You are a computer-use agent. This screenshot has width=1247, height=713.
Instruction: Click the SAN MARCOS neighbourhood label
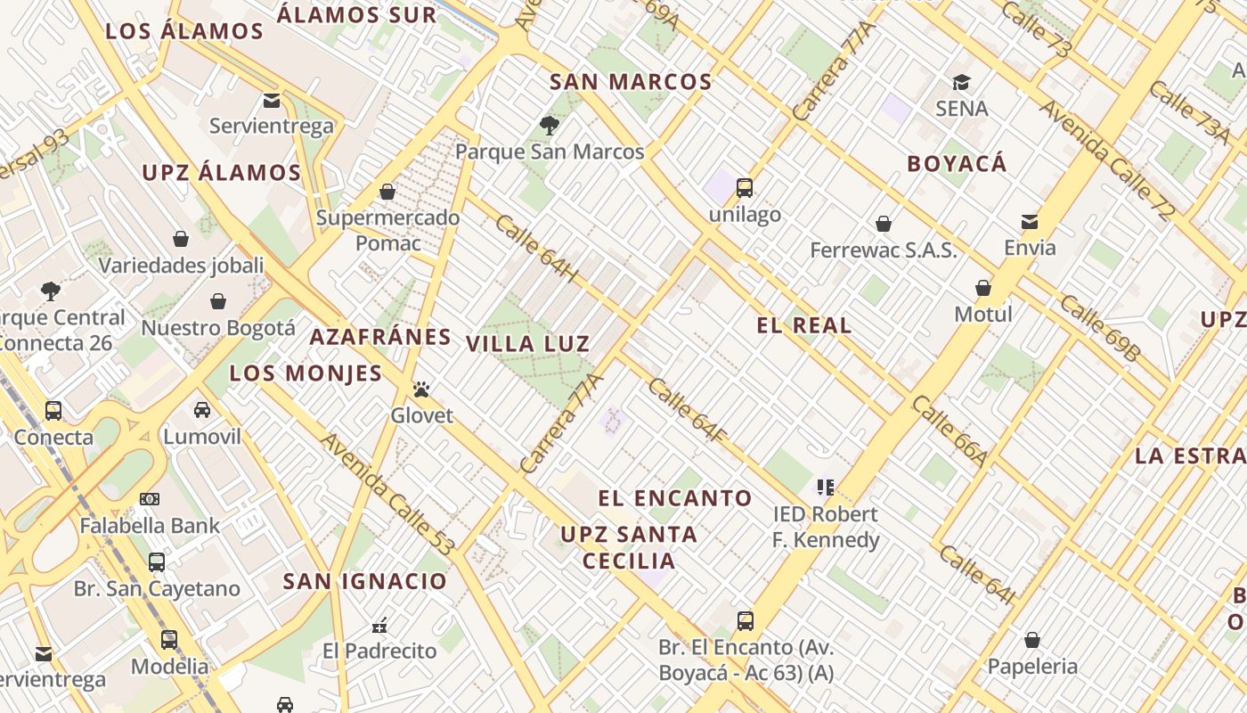click(631, 82)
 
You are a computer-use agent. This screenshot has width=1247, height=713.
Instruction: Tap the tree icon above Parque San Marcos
click(549, 125)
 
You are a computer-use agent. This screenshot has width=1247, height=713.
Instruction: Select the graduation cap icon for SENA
click(961, 83)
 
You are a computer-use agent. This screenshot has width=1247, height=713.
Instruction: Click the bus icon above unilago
click(745, 188)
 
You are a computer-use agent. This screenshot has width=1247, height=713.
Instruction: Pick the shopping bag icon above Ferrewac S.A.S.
click(884, 224)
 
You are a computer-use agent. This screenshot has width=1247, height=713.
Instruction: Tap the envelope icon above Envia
click(1030, 221)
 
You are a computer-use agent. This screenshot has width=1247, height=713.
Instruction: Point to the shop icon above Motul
click(983, 288)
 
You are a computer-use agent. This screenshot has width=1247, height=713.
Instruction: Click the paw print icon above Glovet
click(421, 389)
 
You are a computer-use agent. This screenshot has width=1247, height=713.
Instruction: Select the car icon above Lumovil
click(202, 410)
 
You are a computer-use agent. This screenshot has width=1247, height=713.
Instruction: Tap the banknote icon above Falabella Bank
click(150, 499)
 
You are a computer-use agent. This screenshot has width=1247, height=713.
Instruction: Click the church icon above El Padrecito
click(380, 624)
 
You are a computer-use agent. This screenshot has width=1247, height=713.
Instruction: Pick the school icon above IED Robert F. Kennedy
click(826, 488)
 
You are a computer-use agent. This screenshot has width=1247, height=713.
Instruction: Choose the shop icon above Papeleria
click(1031, 640)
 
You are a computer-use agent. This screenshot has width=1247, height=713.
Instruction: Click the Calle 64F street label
click(688, 411)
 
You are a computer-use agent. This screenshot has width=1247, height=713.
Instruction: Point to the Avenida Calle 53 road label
click(388, 494)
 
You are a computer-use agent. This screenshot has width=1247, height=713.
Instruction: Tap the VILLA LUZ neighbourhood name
click(527, 344)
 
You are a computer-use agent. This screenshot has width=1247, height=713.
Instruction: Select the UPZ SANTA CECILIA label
click(629, 547)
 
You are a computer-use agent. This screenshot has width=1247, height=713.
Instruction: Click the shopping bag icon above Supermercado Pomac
click(387, 192)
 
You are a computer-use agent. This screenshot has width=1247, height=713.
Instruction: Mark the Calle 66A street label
click(950, 430)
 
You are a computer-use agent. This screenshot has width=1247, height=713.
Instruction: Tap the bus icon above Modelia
click(168, 640)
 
